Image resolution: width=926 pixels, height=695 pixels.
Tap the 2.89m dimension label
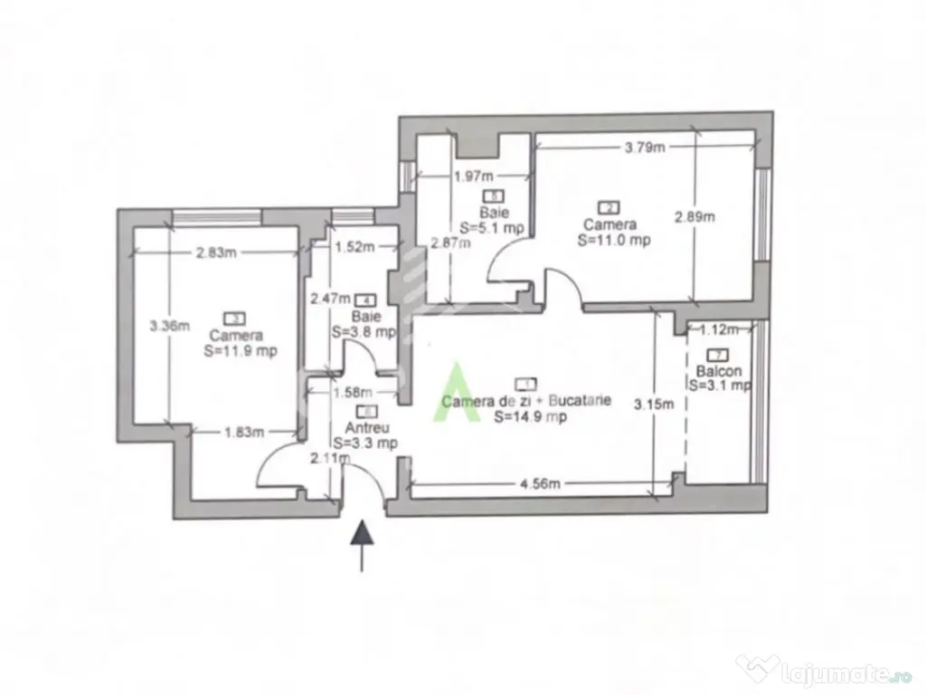click(x=694, y=216)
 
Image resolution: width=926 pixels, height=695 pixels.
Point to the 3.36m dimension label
click(x=170, y=326)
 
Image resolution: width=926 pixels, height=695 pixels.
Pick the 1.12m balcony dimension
click(x=719, y=329)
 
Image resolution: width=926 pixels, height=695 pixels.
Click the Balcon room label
click(x=720, y=371)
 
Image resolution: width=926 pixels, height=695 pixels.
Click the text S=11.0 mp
click(x=615, y=240)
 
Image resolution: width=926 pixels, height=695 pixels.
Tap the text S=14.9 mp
click(x=530, y=417)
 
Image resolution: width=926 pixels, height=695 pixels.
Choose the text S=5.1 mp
click(x=494, y=226)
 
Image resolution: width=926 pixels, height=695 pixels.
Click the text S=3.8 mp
click(x=364, y=332)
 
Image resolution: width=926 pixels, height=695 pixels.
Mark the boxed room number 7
click(x=719, y=356)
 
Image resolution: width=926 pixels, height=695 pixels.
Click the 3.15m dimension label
click(x=653, y=404)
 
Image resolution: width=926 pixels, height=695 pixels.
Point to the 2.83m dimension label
click(x=217, y=253)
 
